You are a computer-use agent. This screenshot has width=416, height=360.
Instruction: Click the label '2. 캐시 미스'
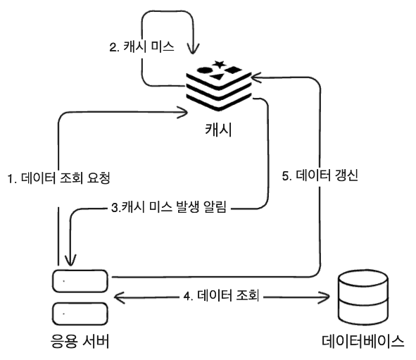141,47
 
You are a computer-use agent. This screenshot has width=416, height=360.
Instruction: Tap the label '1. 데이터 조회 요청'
58,178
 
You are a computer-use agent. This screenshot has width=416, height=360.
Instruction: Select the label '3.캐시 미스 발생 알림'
169,207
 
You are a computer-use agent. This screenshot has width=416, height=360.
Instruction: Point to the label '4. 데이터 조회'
221,295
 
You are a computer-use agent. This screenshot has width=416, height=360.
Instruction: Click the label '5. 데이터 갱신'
320,175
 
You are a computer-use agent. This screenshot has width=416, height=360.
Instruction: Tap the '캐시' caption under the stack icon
218,130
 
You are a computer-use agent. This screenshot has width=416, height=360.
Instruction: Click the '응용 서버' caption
80,341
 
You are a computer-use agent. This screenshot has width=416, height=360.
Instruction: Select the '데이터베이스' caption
363,341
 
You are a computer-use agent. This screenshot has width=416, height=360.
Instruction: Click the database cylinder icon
363,297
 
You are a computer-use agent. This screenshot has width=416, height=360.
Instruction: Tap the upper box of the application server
80,281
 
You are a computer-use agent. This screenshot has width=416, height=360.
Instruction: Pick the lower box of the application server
80,314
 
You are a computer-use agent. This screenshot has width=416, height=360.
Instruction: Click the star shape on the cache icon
219,63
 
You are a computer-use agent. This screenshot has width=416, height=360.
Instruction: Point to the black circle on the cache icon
205,70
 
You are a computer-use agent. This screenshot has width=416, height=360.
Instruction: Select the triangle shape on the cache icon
218,77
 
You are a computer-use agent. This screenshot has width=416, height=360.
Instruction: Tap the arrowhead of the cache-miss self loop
193,49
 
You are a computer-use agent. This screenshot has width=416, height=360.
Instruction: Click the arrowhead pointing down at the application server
70,260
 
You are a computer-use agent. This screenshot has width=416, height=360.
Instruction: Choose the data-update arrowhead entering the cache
256,77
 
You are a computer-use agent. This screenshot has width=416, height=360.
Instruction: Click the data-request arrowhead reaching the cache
182,113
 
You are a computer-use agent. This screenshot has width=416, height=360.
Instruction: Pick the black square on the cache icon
234,70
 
